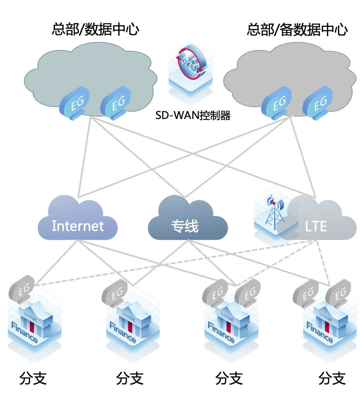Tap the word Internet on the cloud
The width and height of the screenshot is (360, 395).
pyautogui.click(x=78, y=226)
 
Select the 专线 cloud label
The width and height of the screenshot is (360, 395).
pyautogui.click(x=185, y=226)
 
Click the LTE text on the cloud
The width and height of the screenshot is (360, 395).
pyautogui.click(x=316, y=226)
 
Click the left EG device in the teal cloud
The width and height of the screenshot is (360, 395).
pyautogui.click(x=75, y=103)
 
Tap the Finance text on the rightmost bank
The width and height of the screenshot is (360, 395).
pyautogui.click(x=320, y=333)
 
